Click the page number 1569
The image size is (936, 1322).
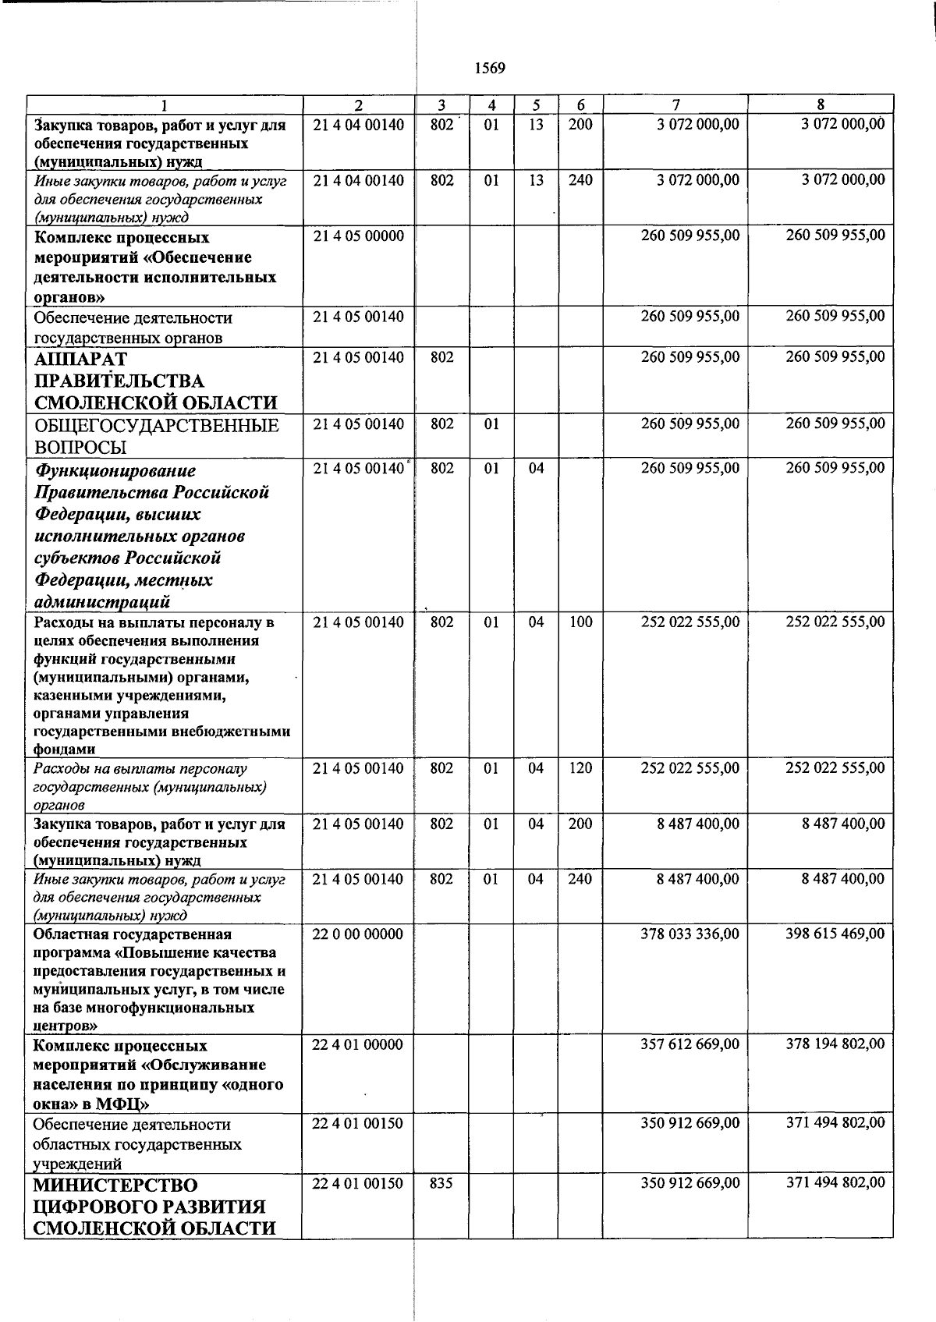pos(490,69)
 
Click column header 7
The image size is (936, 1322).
pos(675,105)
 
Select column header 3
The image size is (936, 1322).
pos(441,105)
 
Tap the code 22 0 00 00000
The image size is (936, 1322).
pos(358,934)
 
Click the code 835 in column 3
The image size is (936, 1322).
pos(441,1183)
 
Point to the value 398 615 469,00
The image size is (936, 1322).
pos(835,934)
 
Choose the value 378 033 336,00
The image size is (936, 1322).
pos(690,934)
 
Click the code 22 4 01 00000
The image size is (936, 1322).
pos(358,1044)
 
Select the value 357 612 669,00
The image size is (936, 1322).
pos(690,1044)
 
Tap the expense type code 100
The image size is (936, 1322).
pos(580,622)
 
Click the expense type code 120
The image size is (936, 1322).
pos(580,768)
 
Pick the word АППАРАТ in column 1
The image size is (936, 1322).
pos(80,360)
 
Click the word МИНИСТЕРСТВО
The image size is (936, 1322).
pos(115,1186)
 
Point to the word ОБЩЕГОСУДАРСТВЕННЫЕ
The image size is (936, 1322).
pos(156,426)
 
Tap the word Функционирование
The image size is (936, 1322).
pos(115,471)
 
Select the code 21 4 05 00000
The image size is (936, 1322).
pos(358,236)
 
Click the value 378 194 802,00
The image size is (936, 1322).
pos(835,1044)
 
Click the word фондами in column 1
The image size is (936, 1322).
pos(65,750)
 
